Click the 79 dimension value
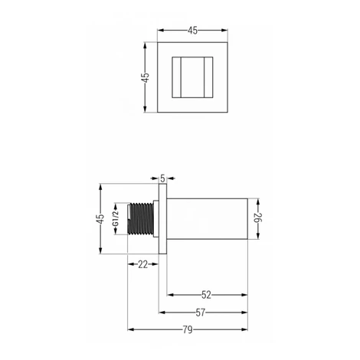tap(188, 330)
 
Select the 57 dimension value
tap(201, 313)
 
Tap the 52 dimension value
tap(206, 295)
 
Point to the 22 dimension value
tap(143, 264)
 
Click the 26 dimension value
tap(258, 218)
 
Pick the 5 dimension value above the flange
tap(163, 178)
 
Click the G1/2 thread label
tap(116, 218)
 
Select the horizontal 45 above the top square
tap(192, 31)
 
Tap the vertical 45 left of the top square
tap(146, 77)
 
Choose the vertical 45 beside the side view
tap(100, 219)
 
